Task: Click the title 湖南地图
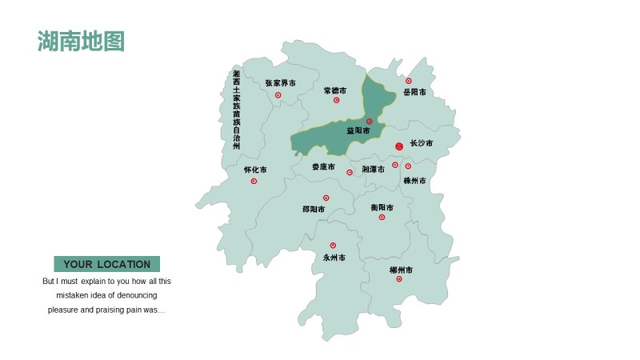click(x=81, y=41)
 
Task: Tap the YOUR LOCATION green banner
click(x=106, y=264)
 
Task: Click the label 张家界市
click(x=280, y=82)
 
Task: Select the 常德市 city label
click(x=336, y=90)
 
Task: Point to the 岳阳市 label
click(x=414, y=92)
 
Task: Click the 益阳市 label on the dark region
click(x=358, y=130)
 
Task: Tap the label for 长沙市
click(x=422, y=143)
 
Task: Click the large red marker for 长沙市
click(x=399, y=146)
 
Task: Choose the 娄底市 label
click(x=324, y=167)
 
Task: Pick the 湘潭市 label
click(x=374, y=170)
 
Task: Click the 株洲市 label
click(x=415, y=181)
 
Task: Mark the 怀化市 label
click(x=255, y=170)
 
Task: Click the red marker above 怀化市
click(x=254, y=181)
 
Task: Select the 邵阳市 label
click(x=314, y=210)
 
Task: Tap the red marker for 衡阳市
click(x=382, y=217)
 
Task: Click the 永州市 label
click(x=334, y=258)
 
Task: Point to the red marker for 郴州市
click(x=399, y=279)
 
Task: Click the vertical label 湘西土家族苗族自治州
click(x=236, y=110)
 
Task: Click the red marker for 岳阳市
click(x=409, y=81)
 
